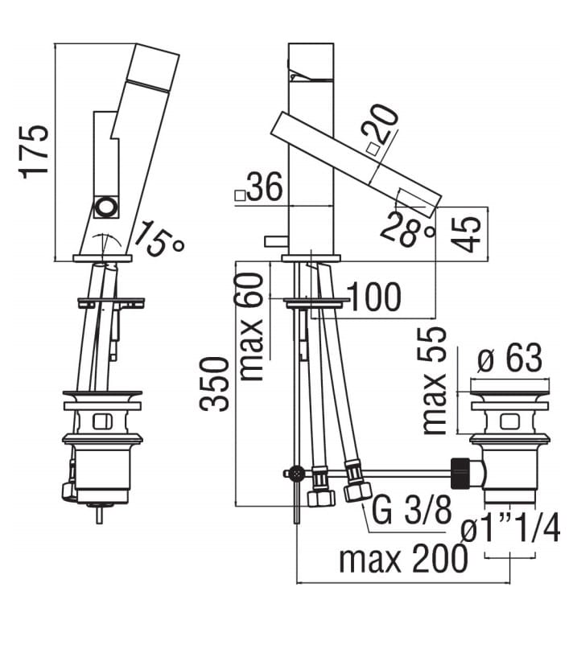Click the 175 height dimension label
coord(34,152)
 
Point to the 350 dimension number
coord(215,384)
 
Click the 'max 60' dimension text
coord(250,326)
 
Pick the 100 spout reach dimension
coord(374,297)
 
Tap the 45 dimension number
coord(467,234)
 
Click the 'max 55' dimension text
coord(434,381)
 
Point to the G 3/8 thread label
coord(411,510)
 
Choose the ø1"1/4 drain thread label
coord(510,529)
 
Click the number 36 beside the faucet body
coord(265,187)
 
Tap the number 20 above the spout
coord(381,125)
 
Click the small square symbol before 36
coord(240,195)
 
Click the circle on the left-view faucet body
coord(105,207)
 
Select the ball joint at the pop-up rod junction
coord(298,473)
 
